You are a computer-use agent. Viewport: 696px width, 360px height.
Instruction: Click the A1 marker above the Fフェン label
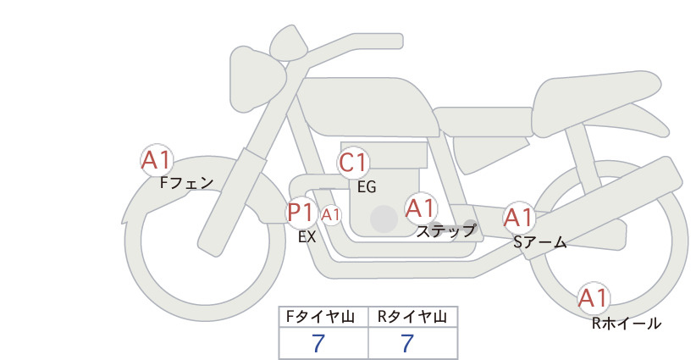[157, 160]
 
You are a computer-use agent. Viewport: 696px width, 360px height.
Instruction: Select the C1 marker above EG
[353, 163]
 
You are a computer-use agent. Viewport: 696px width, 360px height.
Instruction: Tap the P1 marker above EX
[301, 213]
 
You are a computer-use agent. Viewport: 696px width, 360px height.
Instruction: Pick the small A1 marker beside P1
[331, 215]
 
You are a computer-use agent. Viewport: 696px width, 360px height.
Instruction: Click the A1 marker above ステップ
[421, 208]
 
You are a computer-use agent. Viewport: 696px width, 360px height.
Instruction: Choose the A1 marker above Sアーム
[518, 218]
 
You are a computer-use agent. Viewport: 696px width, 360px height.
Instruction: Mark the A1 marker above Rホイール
[594, 298]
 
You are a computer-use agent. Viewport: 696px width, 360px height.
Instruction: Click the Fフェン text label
[186, 183]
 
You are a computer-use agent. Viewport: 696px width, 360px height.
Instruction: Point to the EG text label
[367, 187]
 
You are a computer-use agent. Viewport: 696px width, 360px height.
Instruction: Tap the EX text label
[307, 237]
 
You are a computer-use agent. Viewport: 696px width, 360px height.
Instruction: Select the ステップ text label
[445, 231]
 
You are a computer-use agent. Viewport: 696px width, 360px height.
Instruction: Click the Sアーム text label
[540, 241]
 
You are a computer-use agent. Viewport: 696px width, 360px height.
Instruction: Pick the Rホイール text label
[627, 324]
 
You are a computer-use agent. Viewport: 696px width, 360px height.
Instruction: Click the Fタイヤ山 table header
[320, 317]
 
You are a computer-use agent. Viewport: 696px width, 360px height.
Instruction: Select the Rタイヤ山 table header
[412, 317]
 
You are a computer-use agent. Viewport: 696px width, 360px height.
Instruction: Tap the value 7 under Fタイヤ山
[318, 344]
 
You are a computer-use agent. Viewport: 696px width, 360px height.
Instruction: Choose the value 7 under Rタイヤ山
[407, 344]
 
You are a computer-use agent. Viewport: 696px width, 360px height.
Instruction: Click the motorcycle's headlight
[257, 80]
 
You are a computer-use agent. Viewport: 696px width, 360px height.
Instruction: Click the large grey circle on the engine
[384, 219]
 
